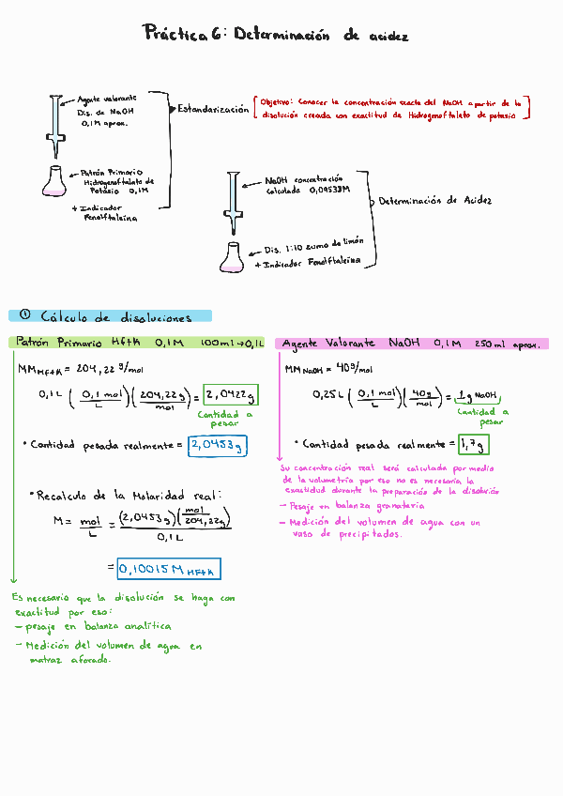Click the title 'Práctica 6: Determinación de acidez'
point(277,36)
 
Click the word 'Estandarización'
point(213,109)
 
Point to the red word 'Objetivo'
point(276,101)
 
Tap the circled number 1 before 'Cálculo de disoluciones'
point(25,316)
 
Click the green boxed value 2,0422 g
point(229,393)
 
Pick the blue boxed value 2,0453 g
point(217,446)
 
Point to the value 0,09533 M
point(322,190)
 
